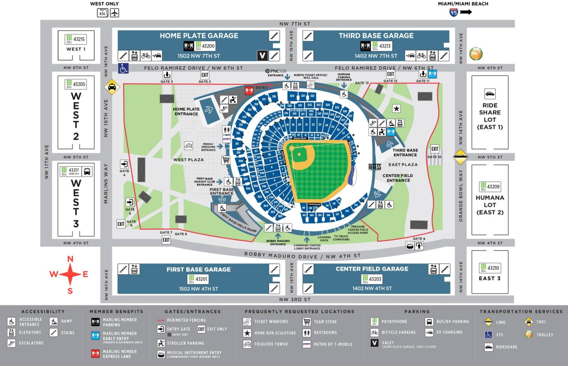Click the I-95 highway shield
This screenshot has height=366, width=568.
coord(454,13)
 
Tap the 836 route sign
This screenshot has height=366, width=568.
coord(102,13)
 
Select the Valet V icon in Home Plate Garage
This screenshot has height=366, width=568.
coord(262,56)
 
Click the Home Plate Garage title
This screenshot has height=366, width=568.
coord(199,36)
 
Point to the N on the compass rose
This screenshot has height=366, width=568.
coord(70,259)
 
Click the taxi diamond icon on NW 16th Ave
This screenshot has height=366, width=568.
coord(112,87)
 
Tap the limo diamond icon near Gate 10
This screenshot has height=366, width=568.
coord(460,157)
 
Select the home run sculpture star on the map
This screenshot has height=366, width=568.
coord(396,108)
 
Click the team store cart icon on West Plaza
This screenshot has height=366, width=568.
coord(226,160)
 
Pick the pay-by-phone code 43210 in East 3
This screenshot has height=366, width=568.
coord(493,268)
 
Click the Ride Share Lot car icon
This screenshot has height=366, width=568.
coord(490,94)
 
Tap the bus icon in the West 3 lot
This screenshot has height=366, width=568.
coord(87,171)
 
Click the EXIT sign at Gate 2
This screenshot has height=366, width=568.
coord(205,75)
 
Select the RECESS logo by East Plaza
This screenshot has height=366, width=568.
coord(375,167)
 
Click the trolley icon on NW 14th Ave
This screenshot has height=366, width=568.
coord(476,54)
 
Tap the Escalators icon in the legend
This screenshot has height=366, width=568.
coord(11,343)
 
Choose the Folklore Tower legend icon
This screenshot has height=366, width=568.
coord(247,344)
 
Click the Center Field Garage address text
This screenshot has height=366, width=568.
coord(372,288)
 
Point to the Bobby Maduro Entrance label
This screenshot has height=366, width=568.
coord(278,242)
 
